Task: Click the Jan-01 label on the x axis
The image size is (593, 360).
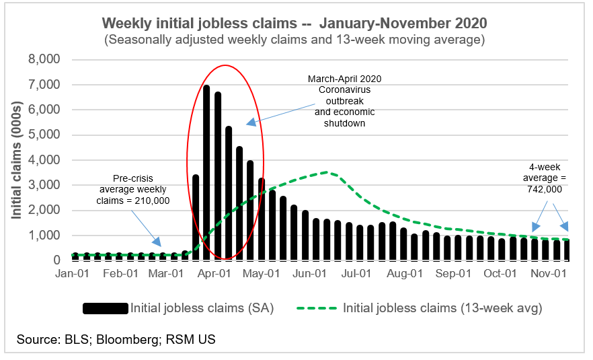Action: coord(71,274)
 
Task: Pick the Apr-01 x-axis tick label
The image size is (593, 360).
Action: coord(214,274)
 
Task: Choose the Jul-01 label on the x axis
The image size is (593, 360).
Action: coord(357,274)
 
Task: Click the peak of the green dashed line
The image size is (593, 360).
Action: coord(327,172)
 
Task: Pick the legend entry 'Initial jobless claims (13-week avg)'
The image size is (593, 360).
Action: coord(442,308)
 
